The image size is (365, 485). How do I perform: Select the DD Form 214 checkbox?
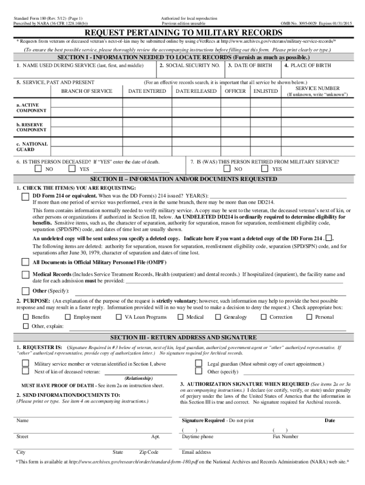point(25,197)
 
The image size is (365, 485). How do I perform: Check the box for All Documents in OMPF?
point(25,262)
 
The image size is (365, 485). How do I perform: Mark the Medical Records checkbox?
point(25,275)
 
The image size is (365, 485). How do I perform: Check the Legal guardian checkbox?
point(199,364)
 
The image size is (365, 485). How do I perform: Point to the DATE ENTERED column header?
point(147,91)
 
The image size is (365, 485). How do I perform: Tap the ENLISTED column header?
point(265,91)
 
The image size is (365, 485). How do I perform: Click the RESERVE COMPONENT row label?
point(31,127)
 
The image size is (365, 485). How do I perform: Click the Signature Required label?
point(203,421)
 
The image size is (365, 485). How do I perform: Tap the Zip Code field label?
point(149,452)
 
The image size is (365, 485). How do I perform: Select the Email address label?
point(196,452)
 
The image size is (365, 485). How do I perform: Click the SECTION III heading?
point(183,337)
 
